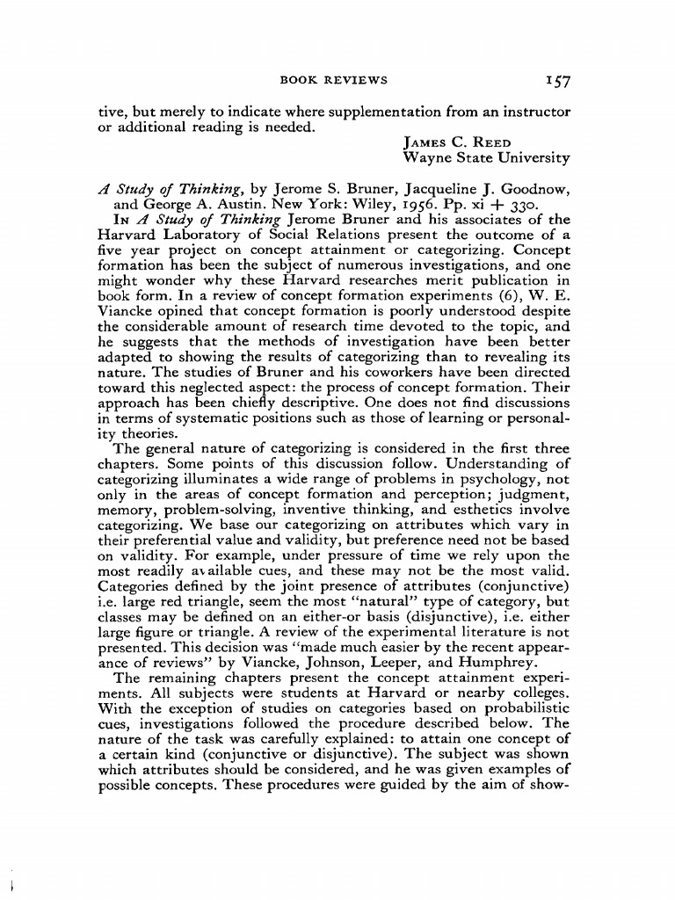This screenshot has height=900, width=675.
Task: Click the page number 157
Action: pyautogui.click(x=556, y=82)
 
